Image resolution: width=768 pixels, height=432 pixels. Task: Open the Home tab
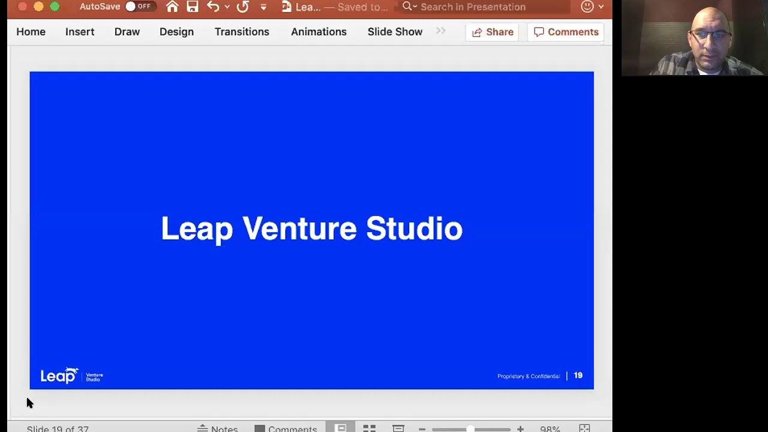point(31,32)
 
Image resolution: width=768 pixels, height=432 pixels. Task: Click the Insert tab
point(80,32)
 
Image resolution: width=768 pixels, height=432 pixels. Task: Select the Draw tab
point(127,32)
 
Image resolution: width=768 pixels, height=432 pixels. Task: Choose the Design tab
point(176,32)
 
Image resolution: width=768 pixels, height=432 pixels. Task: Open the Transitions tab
point(242,32)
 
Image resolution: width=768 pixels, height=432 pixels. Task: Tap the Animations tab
point(319,32)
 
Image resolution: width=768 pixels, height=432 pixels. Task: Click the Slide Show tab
point(395,32)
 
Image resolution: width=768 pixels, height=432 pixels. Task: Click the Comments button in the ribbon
point(566,32)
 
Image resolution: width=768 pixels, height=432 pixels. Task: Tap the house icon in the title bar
point(172,7)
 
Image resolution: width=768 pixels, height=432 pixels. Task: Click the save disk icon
point(192,7)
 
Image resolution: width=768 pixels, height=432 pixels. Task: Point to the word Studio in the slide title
point(414,229)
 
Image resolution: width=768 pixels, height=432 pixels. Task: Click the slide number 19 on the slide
point(578,376)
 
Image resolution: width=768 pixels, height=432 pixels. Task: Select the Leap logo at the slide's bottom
point(59,376)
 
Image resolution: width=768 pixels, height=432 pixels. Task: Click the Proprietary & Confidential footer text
point(528,376)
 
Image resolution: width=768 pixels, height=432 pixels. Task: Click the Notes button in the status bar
point(218,428)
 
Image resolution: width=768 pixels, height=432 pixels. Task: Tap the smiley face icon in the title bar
point(587,7)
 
